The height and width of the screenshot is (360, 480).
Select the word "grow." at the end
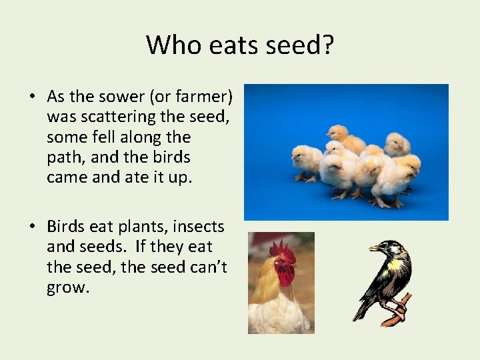(69, 289)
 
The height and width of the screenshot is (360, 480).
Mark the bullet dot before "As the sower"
(32, 97)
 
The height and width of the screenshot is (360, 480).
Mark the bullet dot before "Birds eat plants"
(32, 227)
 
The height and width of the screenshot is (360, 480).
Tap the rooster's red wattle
(285, 275)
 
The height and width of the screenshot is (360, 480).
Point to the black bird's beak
(374, 248)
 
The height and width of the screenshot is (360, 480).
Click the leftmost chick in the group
(306, 161)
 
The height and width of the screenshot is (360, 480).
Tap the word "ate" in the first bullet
(133, 178)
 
